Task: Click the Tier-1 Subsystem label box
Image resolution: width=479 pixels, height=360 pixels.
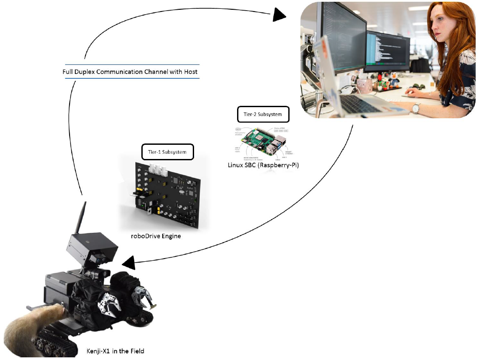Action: point(167,152)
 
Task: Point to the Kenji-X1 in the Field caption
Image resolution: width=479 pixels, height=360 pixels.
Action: point(115,351)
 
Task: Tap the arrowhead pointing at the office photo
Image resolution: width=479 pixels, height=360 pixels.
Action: point(279,15)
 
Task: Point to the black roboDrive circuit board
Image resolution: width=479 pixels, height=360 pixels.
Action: point(166,195)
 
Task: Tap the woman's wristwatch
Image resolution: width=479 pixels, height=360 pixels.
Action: point(416,108)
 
